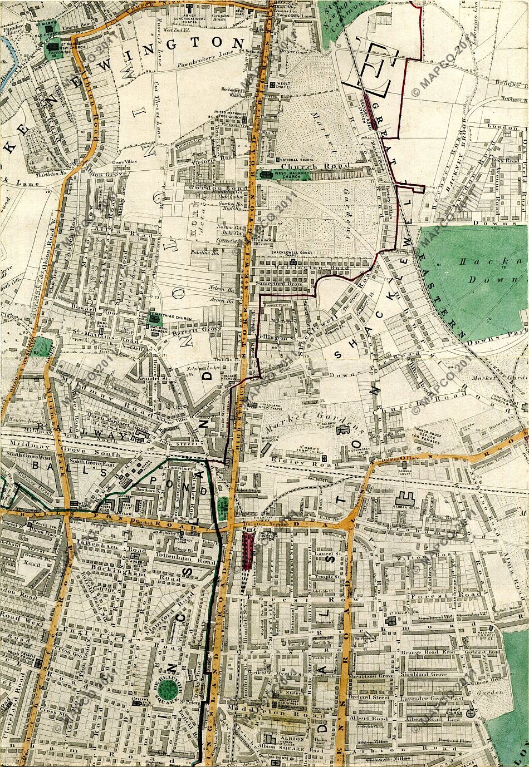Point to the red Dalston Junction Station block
(x=248, y=551)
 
